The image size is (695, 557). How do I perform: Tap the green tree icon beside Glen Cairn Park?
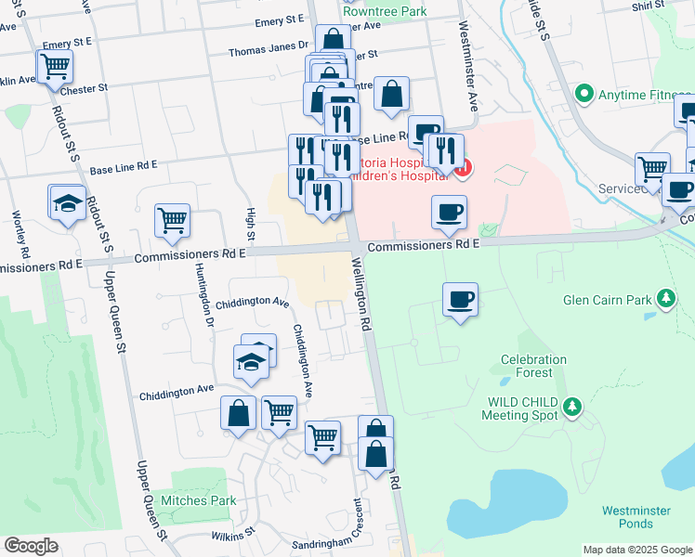[x=665, y=298]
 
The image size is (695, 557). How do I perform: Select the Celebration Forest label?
[x=533, y=366]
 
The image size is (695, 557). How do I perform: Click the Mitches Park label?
[x=198, y=500]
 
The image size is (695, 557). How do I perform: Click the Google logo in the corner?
[x=31, y=546]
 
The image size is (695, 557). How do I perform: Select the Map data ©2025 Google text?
[x=637, y=550]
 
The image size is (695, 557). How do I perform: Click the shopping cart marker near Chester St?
[x=55, y=66]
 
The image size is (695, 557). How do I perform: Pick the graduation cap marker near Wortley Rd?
[x=68, y=203]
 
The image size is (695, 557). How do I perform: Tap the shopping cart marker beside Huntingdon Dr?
[x=172, y=221]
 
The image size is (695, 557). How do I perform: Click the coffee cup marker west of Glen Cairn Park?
[x=460, y=300]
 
